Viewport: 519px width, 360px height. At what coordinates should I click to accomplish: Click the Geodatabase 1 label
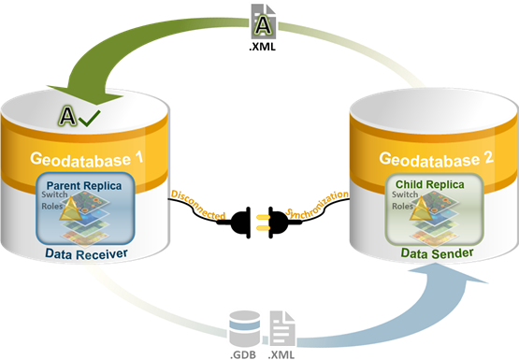coord(87,159)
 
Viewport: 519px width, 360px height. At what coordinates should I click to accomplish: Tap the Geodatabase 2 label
coord(437,159)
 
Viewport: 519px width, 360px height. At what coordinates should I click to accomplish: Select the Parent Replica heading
coord(84,186)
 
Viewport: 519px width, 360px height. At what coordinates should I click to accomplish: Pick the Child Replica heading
coord(430,184)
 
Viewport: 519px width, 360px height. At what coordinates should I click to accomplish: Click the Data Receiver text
coord(86,254)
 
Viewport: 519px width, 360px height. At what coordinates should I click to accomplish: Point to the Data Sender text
coord(438,253)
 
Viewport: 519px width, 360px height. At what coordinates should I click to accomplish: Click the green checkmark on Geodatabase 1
coord(90,118)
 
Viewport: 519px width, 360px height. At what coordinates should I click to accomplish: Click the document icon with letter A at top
coord(263,22)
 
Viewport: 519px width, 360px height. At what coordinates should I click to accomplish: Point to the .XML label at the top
coord(262,47)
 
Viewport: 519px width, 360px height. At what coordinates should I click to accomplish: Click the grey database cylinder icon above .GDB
coord(245,329)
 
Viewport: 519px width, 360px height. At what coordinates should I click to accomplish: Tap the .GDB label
coord(243,354)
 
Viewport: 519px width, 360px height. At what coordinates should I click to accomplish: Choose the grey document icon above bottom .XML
coord(282,329)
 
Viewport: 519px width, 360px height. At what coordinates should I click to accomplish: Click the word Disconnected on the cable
coord(198,205)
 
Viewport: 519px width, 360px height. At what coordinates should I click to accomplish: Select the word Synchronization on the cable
coord(317,204)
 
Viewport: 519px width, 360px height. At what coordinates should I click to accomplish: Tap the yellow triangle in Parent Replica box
coord(71,209)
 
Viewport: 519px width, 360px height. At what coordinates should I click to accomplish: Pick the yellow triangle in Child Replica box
coord(421,209)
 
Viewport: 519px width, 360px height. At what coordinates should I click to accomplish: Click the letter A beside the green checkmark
coord(67,116)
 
